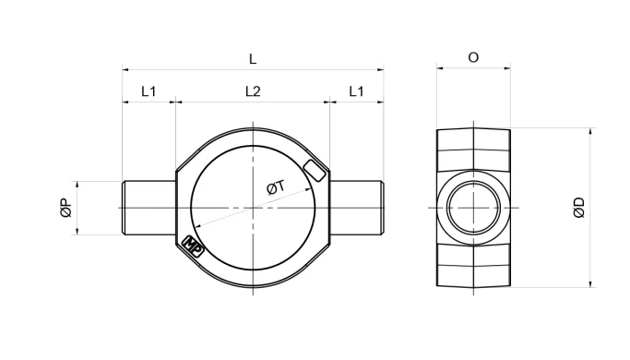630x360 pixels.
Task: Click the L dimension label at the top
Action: pos(253,59)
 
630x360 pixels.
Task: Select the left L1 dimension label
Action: pos(149,91)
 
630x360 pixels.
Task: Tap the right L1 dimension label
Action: pos(356,91)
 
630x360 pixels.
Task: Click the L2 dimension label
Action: pos(253,91)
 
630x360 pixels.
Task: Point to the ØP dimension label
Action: pos(66,208)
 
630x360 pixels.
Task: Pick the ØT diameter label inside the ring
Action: pos(276,187)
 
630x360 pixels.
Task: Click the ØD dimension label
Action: pos(579,208)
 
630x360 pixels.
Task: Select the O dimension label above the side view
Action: pos(474,57)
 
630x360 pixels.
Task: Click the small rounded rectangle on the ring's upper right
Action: pos(315,171)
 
